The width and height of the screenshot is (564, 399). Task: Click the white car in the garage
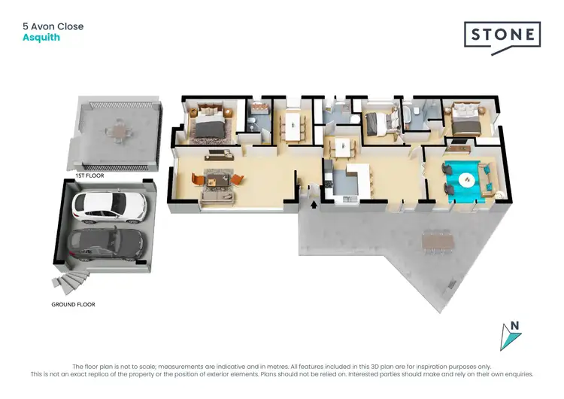tap(105, 207)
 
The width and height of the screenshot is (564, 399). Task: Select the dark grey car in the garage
tap(105, 245)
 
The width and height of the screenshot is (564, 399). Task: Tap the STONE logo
tap(502, 35)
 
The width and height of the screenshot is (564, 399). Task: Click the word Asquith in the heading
tap(41, 38)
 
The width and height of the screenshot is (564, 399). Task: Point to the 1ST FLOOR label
tap(89, 175)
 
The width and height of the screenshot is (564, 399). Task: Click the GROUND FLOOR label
tap(73, 305)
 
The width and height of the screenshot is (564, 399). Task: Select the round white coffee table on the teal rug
tap(466, 179)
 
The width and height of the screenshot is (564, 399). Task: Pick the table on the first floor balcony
tap(117, 131)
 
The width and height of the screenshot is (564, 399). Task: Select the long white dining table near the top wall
tap(291, 124)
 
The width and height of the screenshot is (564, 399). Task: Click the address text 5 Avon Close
tap(53, 26)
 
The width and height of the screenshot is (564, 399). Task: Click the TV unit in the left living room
tap(218, 154)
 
